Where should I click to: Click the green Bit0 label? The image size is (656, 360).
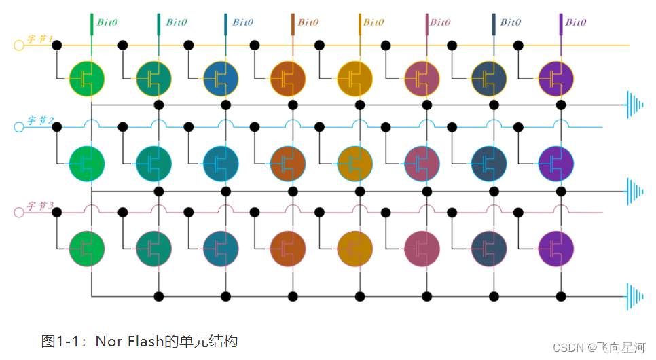[x=107, y=22]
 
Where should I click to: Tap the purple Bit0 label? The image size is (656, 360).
[x=576, y=22]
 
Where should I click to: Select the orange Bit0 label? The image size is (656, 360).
[x=308, y=22]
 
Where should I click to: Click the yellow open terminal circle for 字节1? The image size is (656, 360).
[x=19, y=46]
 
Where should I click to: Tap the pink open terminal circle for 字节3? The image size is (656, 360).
[x=19, y=212]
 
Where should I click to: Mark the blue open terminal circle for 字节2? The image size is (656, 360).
[x=19, y=127]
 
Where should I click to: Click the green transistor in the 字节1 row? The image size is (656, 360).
[x=87, y=79]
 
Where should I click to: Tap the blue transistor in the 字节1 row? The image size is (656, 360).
[x=221, y=79]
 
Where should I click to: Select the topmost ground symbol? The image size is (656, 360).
[x=636, y=105]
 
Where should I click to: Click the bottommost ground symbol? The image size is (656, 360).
[x=636, y=297]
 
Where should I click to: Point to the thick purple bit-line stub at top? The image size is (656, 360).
[x=562, y=23]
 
